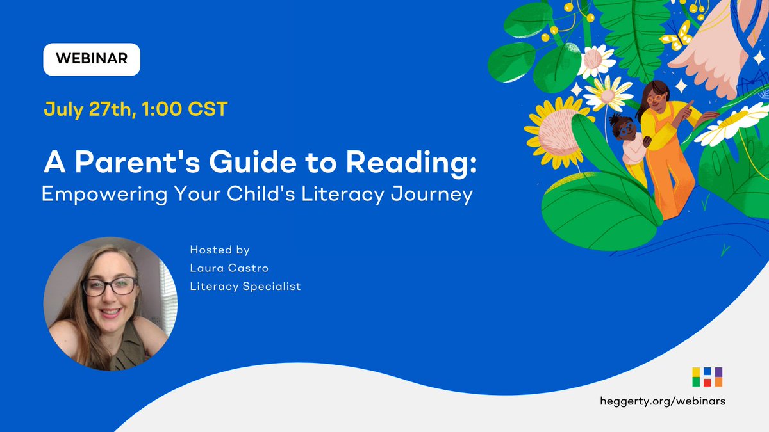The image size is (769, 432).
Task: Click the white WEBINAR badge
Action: pos(91,59)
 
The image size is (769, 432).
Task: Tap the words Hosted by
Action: pos(220,250)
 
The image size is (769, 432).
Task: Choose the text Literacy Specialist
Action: pos(245,286)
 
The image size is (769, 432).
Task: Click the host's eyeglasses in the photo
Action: pos(110,286)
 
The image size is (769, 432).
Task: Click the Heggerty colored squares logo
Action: pos(707,376)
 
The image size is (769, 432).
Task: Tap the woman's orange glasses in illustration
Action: pos(655,99)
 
